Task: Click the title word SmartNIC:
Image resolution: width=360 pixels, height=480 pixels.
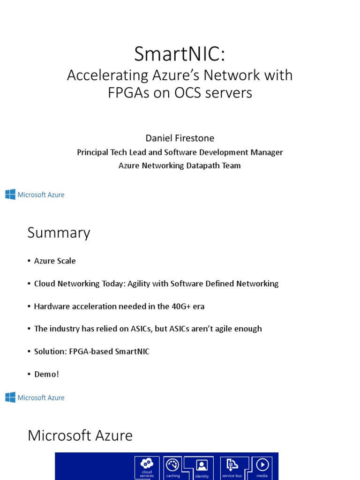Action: point(180,54)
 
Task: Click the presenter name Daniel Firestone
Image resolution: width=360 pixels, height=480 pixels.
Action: point(180,138)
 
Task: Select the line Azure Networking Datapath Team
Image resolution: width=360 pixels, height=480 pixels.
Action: point(180,165)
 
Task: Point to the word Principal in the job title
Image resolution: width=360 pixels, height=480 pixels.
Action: point(94,152)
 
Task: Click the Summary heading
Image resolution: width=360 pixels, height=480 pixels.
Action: point(59,233)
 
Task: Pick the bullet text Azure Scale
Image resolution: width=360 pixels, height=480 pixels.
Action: point(55,261)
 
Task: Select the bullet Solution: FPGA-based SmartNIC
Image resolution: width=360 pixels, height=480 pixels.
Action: point(91,351)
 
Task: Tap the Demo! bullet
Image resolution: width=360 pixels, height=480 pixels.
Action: point(46,374)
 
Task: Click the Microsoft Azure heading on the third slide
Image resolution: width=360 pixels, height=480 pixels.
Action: point(80,435)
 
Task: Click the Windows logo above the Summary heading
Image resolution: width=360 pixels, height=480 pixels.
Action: point(10,195)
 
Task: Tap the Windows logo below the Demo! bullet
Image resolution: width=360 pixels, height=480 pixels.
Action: point(10,397)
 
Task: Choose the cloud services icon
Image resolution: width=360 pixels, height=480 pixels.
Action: point(147,464)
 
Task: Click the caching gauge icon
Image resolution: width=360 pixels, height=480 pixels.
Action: point(173,465)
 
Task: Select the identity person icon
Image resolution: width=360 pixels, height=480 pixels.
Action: point(202,465)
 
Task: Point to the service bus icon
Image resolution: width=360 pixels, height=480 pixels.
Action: point(232,465)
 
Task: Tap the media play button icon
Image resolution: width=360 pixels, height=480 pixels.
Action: point(262,465)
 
